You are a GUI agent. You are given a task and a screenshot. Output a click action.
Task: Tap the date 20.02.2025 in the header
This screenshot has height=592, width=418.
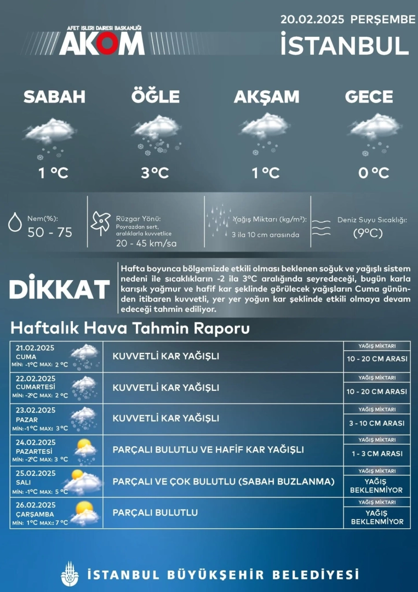[x=312, y=19]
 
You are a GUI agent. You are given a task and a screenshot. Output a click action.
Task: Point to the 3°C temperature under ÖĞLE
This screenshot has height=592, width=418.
[x=155, y=173]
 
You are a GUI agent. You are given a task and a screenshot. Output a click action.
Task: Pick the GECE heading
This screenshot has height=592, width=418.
[x=369, y=97]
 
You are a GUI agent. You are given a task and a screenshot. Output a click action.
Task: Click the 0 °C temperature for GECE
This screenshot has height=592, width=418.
[x=374, y=173]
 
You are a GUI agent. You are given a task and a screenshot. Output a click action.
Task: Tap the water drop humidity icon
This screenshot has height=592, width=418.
[x=15, y=224]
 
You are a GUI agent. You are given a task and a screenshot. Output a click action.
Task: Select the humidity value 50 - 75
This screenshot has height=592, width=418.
[x=50, y=232]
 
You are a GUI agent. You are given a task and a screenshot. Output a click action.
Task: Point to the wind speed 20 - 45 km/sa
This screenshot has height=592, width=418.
[x=146, y=243]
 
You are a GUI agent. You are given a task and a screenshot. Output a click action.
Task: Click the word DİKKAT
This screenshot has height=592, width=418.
[x=60, y=289]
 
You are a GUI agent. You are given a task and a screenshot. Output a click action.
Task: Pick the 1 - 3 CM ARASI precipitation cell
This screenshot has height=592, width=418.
[x=377, y=453]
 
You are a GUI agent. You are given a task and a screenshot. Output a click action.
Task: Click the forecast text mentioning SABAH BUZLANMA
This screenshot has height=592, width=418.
[x=224, y=481]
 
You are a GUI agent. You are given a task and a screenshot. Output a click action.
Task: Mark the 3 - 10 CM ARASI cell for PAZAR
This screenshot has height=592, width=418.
[x=377, y=423]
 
